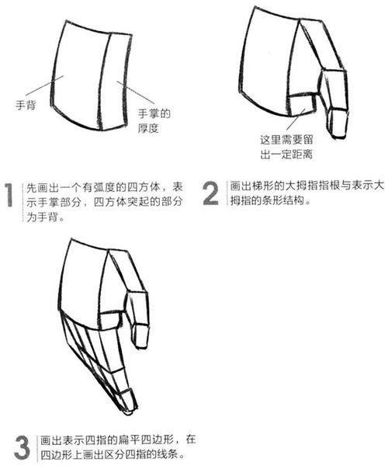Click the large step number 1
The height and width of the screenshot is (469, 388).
[9, 195]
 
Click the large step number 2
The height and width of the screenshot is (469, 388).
[210, 194]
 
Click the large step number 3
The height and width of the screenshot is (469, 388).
[23, 447]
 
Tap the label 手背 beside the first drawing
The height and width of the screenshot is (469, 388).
[26, 106]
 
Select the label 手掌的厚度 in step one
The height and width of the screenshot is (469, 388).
[154, 121]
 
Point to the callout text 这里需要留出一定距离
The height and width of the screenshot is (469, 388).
[286, 148]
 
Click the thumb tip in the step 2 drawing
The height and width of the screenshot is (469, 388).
[339, 137]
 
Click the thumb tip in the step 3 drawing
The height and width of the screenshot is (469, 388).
[141, 346]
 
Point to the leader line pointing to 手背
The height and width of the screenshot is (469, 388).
[44, 85]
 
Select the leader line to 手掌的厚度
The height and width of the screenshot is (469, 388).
[135, 92]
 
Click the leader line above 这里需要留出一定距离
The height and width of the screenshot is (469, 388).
[296, 119]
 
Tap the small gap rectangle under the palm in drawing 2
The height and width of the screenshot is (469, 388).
[302, 106]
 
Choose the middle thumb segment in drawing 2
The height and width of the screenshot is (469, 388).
[334, 90]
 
